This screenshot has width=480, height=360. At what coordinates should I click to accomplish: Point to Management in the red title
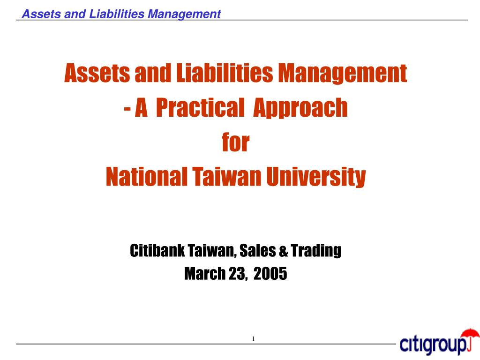pyautogui.click(x=343, y=74)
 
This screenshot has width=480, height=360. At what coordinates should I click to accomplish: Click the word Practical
pyautogui.click(x=197, y=108)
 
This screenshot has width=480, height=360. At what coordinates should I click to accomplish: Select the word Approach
pyautogui.click(x=300, y=108)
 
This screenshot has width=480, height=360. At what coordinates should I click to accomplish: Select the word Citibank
pyautogui.click(x=157, y=251)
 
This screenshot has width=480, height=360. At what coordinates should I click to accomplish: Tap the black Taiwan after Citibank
pyautogui.click(x=211, y=251)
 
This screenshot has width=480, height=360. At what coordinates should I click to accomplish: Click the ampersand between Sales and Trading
pyautogui.click(x=283, y=252)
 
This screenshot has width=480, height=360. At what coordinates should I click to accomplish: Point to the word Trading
pyautogui.click(x=315, y=251)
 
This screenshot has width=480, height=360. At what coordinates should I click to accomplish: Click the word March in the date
pyautogui.click(x=205, y=273)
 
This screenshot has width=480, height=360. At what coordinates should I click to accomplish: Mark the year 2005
pyautogui.click(x=270, y=273)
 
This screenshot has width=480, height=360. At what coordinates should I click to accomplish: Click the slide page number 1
pyautogui.click(x=253, y=339)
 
